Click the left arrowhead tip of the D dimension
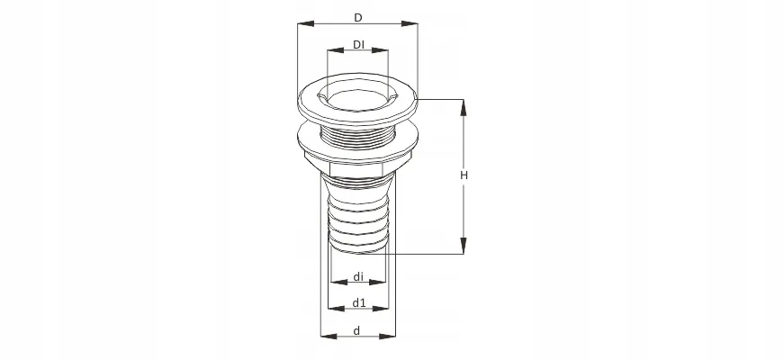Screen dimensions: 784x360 tap(298, 23)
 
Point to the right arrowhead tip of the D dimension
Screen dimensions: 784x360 tap(418, 23)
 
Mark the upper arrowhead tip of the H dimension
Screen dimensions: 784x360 tap(464, 100)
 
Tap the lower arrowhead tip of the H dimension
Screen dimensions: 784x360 tap(464, 254)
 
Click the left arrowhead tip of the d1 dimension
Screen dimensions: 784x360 tap(328, 309)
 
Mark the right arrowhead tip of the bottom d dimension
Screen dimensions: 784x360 tap(395, 336)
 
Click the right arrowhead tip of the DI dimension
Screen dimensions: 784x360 tap(388, 50)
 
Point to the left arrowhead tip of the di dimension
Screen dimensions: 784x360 tap(331, 282)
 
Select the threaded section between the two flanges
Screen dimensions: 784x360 tap(357, 135)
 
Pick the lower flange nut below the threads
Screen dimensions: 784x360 tap(357, 150)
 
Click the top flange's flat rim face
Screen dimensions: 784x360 tap(357, 101)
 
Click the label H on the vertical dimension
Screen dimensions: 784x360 tap(464, 175)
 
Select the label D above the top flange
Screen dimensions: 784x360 tap(358, 18)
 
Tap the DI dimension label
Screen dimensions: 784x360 tap(358, 44)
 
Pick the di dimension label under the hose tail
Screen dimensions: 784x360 tap(358, 276)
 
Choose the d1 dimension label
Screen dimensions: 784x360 tap(359, 302)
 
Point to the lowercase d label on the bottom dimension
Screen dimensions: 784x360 tap(356, 330)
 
